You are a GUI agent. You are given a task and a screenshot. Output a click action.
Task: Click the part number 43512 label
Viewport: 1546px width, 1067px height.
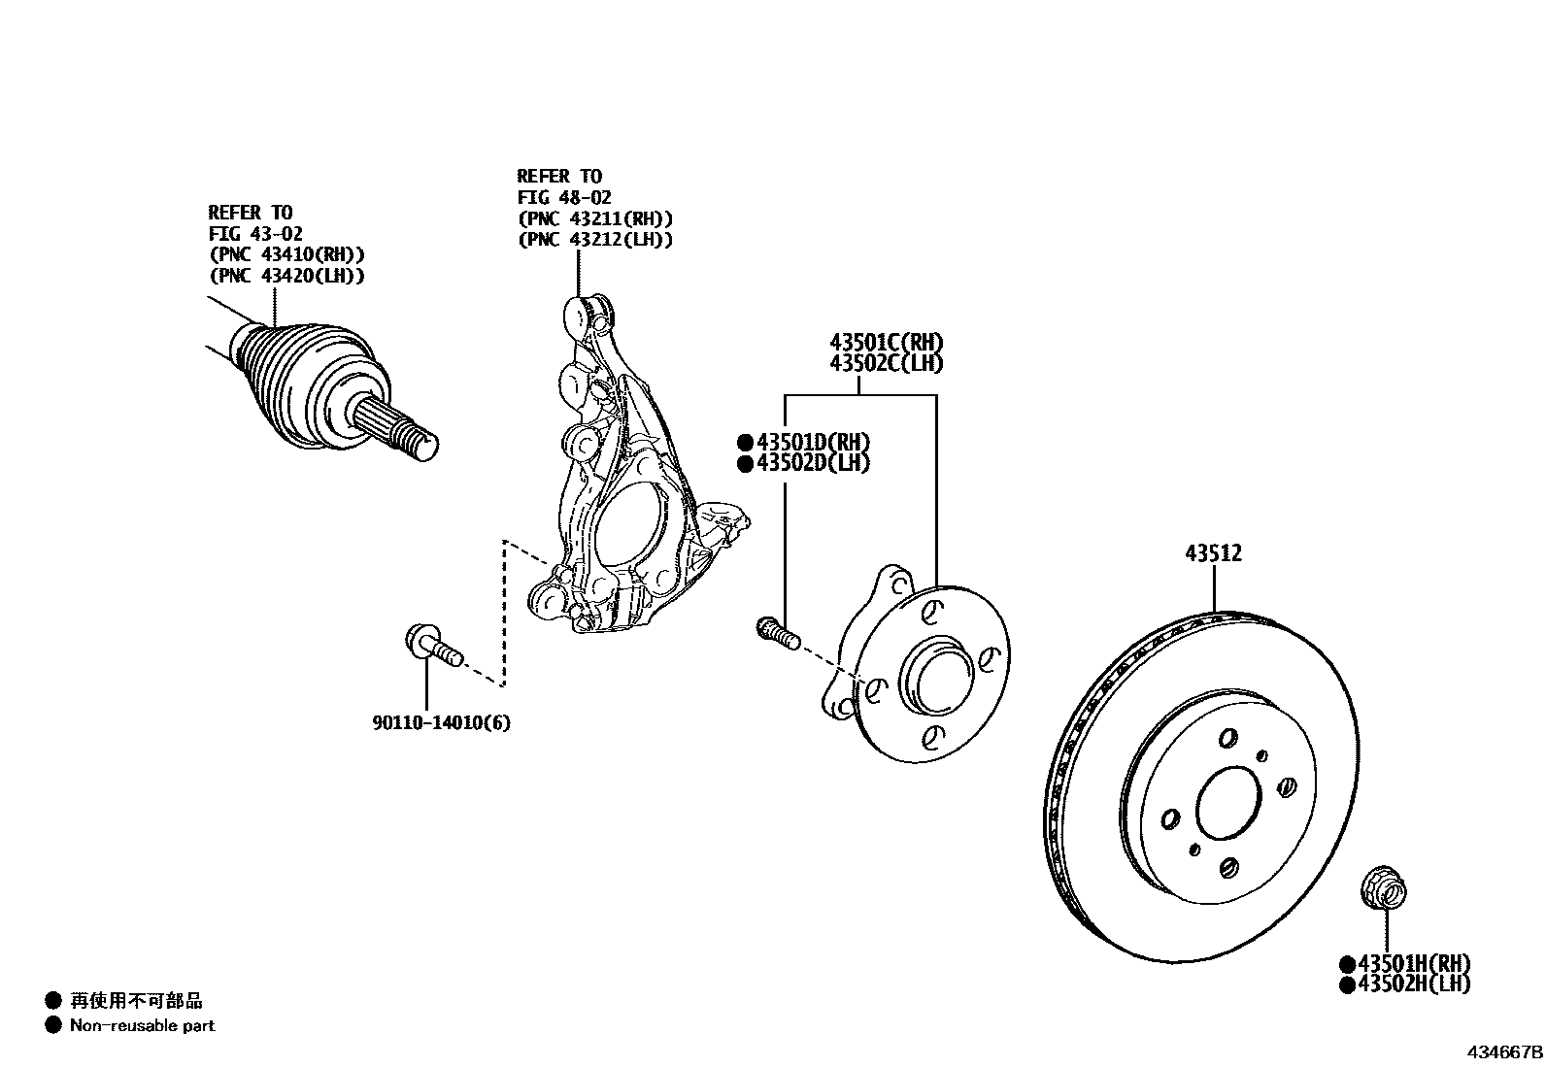point(1213,553)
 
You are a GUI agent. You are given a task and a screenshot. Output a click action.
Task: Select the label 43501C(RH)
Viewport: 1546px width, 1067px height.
point(886,342)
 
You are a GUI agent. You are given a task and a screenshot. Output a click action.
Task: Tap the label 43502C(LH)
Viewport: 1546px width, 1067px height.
point(886,363)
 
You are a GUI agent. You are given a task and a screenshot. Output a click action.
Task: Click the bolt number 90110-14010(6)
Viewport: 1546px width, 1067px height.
point(441,722)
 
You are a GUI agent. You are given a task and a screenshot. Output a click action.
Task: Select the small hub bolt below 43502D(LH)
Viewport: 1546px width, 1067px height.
point(777,633)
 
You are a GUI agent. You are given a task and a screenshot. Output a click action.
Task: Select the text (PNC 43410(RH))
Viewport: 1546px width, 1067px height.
point(286,254)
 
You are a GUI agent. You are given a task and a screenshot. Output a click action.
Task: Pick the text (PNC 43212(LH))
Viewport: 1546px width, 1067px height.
point(594,240)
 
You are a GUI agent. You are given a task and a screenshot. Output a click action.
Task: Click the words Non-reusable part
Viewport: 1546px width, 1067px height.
point(142,1025)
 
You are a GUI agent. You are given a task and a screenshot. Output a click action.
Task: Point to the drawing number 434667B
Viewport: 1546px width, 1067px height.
point(1503,1051)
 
